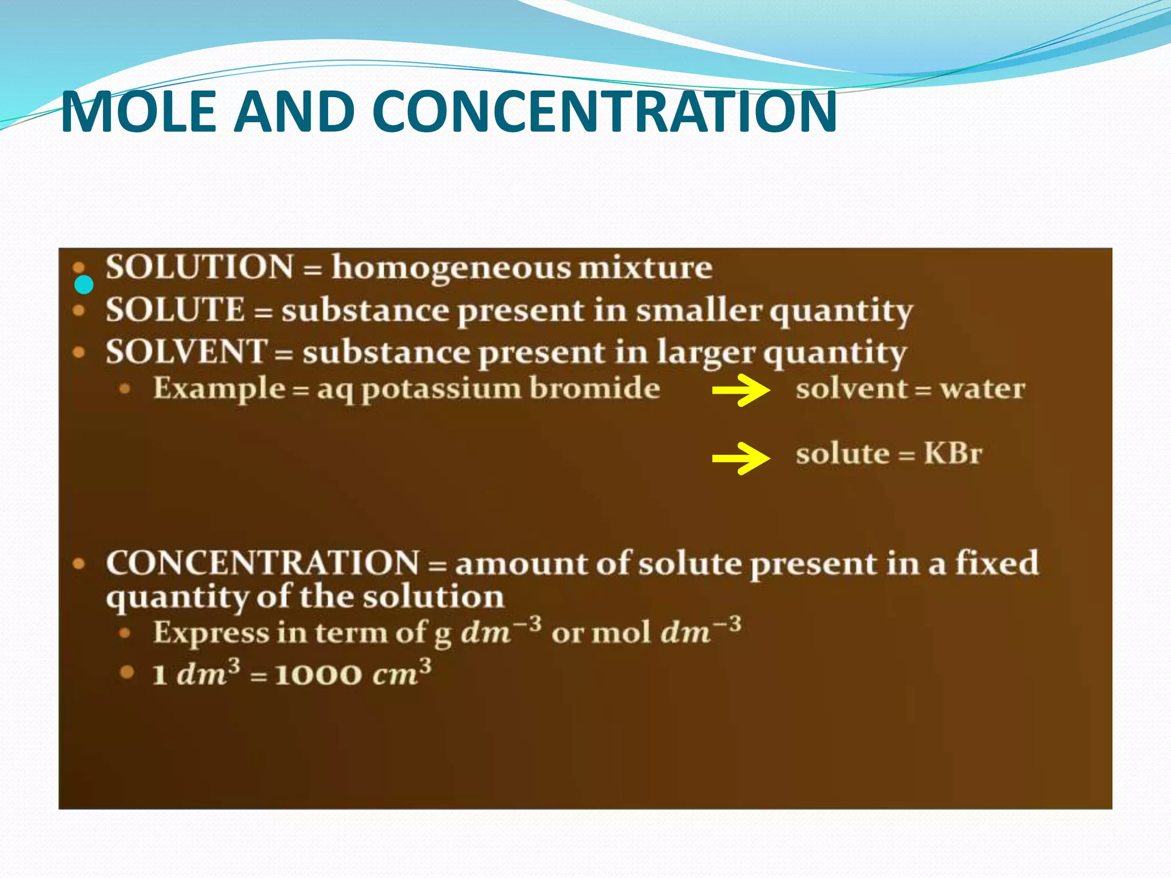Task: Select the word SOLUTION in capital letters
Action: pos(200,267)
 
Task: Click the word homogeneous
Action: pos(451,268)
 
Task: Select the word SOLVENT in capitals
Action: pos(186,352)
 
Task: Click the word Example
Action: pos(219,389)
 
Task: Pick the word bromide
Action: pos(595,389)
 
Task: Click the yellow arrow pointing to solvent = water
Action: pos(740,390)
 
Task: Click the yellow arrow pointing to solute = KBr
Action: pos(740,458)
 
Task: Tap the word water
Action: pos(982,389)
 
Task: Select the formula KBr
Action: pos(953,454)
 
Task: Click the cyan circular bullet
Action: pos(84,284)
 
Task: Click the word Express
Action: pos(211,633)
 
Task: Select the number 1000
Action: pos(318,675)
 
